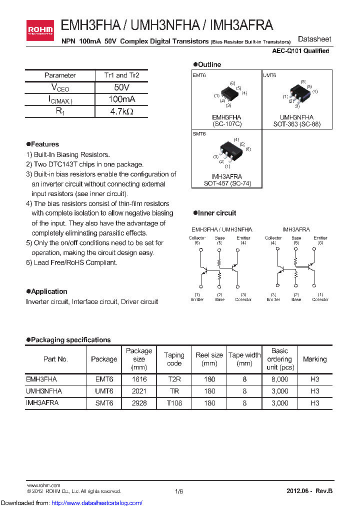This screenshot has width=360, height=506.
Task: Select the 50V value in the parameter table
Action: (121, 87)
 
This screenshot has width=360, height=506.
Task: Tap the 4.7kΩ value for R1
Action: (121, 111)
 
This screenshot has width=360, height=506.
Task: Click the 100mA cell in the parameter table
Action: (121, 99)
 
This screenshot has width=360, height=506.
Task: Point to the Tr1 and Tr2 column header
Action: (121, 75)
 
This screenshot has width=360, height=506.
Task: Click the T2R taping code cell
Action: (174, 379)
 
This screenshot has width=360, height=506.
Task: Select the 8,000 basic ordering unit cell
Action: (279, 379)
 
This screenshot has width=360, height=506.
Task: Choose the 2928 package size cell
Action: (139, 403)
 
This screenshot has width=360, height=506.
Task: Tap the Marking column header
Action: (314, 359)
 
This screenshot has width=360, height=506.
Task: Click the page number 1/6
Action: (179, 491)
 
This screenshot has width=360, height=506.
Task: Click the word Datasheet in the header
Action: (314, 39)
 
